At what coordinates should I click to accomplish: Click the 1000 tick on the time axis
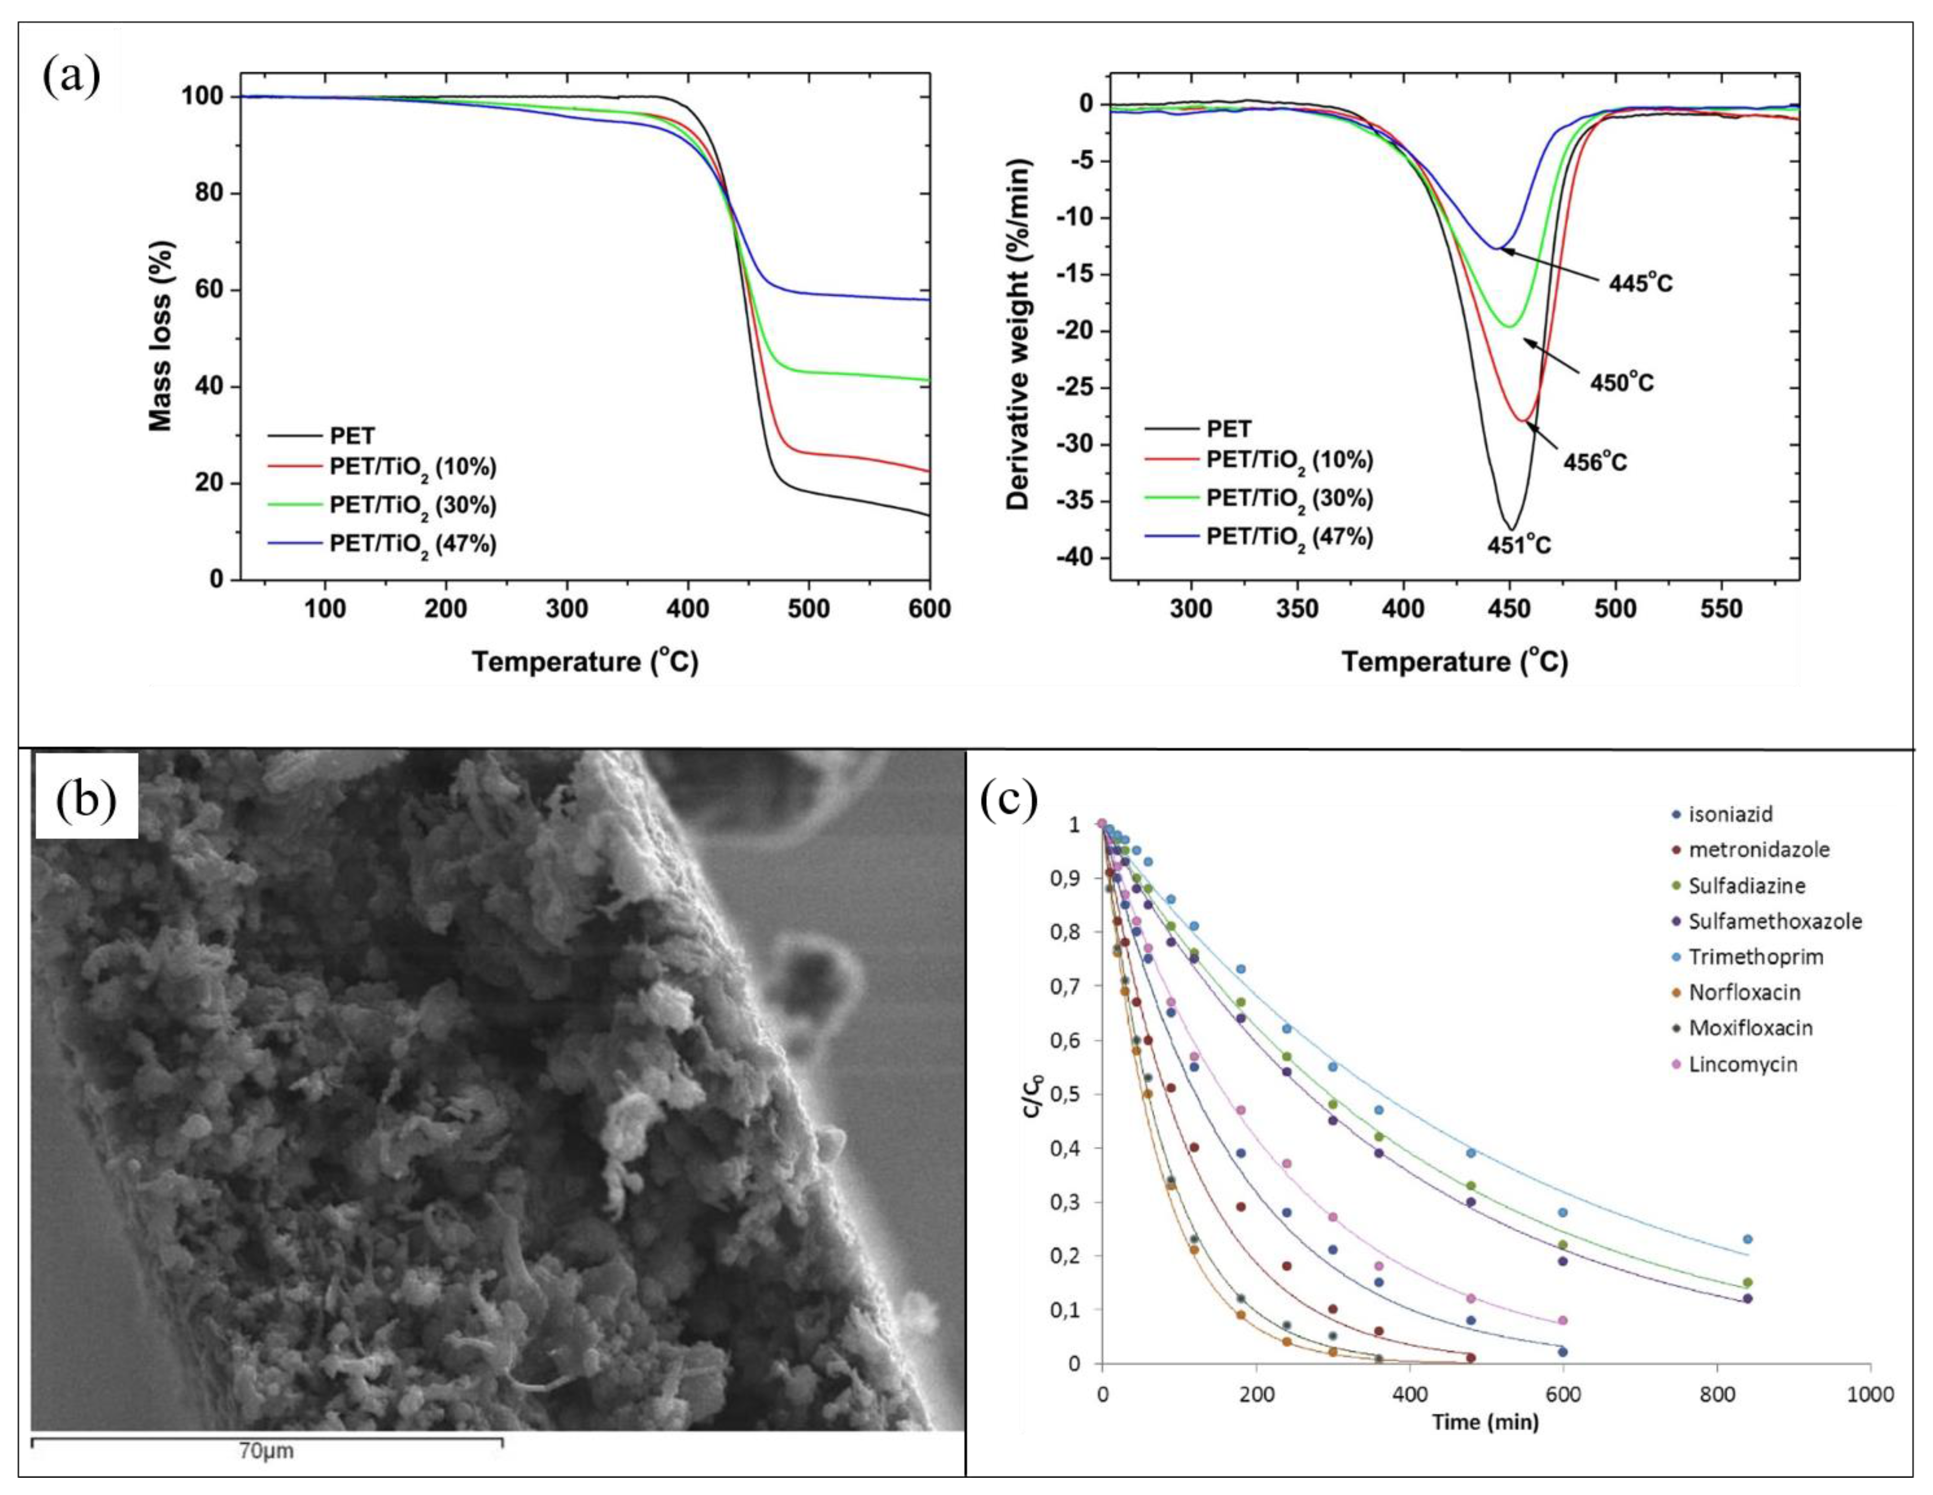point(1869,1395)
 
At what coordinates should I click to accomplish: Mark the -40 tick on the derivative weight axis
point(1073,558)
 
